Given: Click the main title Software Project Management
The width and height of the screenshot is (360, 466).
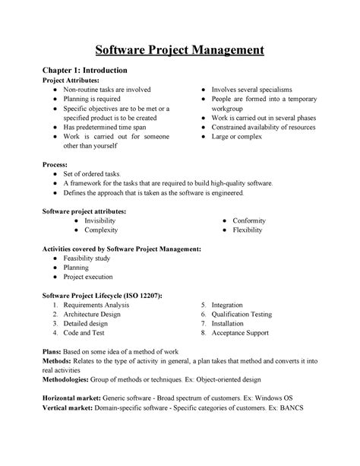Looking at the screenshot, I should click(x=179, y=52).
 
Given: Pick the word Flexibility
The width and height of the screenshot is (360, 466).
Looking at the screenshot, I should click(x=248, y=230).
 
